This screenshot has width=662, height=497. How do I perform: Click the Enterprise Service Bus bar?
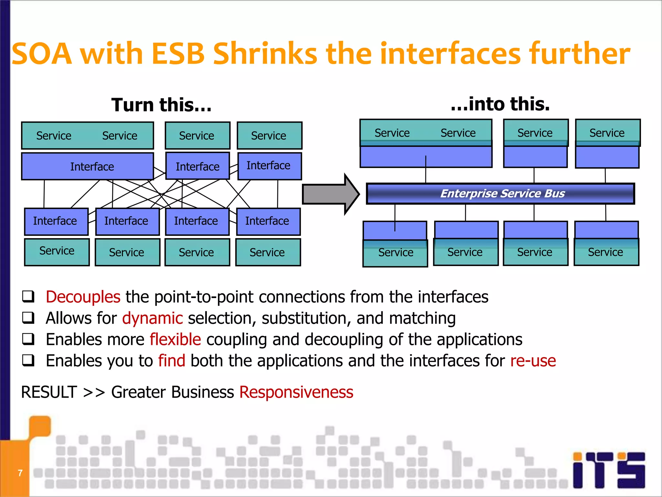click(500, 193)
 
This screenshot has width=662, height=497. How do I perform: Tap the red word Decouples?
click(83, 297)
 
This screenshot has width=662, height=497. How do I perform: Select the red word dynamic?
click(153, 318)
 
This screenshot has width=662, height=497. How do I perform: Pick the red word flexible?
click(175, 339)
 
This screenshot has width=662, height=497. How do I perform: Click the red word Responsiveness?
click(296, 392)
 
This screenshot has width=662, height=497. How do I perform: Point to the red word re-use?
click(533, 361)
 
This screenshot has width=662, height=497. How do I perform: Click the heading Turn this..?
click(161, 105)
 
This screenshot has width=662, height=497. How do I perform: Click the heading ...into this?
click(500, 104)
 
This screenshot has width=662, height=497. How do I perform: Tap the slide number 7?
click(20, 473)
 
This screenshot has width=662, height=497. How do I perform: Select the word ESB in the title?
click(178, 54)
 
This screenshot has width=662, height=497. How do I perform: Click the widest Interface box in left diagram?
click(88, 166)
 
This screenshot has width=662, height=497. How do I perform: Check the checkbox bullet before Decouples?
click(28, 297)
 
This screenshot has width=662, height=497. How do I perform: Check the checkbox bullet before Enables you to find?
click(28, 360)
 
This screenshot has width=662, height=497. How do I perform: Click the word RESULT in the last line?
click(49, 392)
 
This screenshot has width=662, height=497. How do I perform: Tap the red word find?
click(172, 361)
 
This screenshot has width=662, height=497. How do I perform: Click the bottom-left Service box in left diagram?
click(57, 252)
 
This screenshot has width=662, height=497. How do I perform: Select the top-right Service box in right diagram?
click(607, 133)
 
